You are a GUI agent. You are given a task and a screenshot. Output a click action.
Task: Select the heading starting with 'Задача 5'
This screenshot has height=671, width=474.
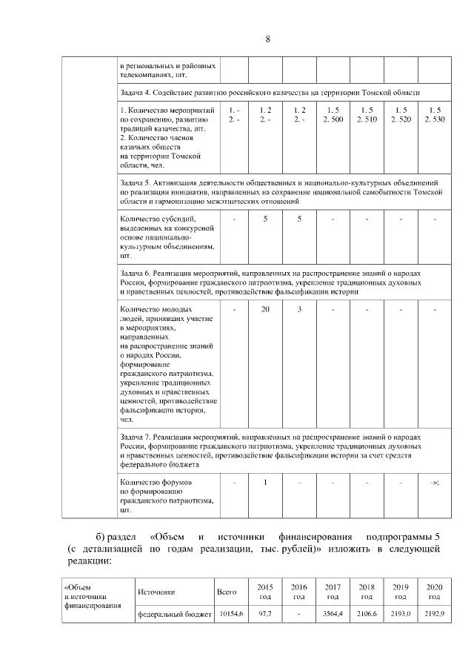[281, 191]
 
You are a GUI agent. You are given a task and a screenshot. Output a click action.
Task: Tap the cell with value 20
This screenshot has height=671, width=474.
[265, 308]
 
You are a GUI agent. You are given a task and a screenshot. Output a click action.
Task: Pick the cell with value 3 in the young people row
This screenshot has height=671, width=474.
[298, 308]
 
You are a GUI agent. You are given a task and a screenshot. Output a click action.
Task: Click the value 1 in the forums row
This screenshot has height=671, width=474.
[265, 483]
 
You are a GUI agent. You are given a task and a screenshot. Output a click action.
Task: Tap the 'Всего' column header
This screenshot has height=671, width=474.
[227, 592]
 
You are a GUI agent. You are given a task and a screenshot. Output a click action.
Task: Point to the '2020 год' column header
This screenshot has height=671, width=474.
[434, 592]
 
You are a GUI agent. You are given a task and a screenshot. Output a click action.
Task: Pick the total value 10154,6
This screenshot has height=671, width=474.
[227, 615]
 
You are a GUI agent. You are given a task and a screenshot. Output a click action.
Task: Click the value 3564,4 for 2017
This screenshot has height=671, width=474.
[333, 615]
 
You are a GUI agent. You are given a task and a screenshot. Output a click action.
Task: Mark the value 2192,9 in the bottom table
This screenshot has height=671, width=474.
[434, 615]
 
